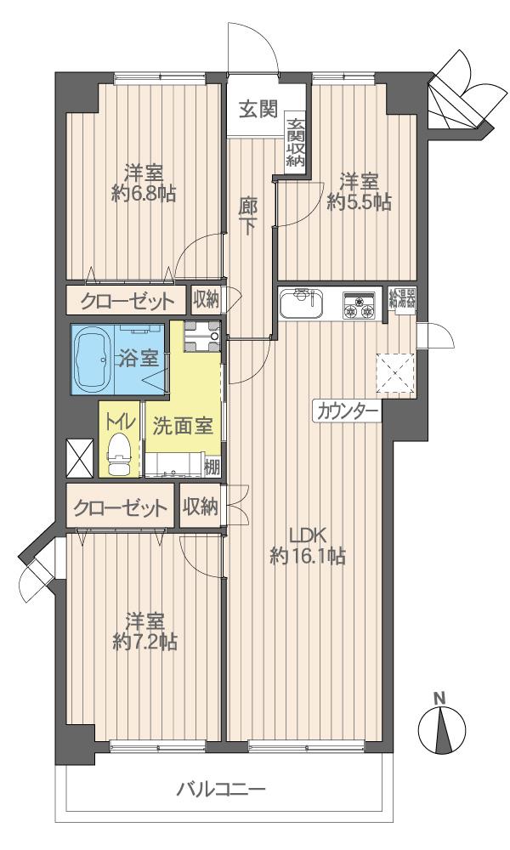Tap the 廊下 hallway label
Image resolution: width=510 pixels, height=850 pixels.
coord(247,216)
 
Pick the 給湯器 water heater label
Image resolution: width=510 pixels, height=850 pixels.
coord(403,297)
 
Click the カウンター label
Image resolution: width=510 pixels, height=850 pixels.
coord(348,413)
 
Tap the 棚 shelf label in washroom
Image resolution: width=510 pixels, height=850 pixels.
coord(212,466)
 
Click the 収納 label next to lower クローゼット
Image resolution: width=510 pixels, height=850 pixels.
coord(201,507)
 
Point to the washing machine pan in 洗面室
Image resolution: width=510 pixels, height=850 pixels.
coord(201,336)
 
